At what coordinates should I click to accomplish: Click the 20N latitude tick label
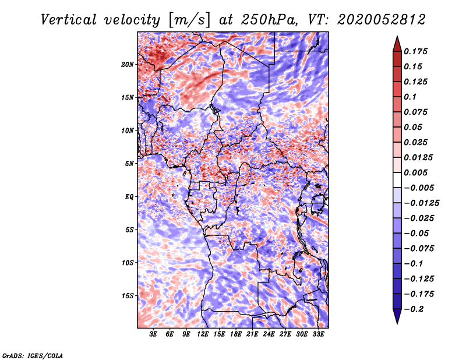pyautogui.click(x=128, y=65)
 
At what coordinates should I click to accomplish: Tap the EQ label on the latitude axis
pyautogui.click(x=129, y=197)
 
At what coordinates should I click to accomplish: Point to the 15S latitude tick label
pyautogui.click(x=128, y=296)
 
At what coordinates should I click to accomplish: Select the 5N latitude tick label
pyautogui.click(x=129, y=164)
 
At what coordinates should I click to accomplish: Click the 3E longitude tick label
pyautogui.click(x=153, y=334)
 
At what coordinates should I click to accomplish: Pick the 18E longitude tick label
pyautogui.click(x=236, y=334)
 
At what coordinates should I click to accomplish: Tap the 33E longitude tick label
pyautogui.click(x=318, y=334)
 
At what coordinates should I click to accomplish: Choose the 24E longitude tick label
pyautogui.click(x=269, y=334)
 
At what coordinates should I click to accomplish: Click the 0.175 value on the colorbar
pyautogui.click(x=415, y=51)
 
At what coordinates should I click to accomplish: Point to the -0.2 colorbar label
pyautogui.click(x=414, y=309)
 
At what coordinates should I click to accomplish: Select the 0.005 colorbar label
pyautogui.click(x=415, y=172)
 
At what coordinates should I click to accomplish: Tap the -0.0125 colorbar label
pyautogui.click(x=421, y=203)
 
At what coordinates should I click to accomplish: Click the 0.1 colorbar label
pyautogui.click(x=410, y=97)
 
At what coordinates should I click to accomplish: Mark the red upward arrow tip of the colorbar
pyautogui.click(x=397, y=36)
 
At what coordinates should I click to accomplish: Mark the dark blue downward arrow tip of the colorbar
pyautogui.click(x=397, y=323)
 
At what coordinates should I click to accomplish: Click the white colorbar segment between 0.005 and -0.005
pyautogui.click(x=397, y=180)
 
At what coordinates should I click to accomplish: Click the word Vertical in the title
pyautogui.click(x=68, y=20)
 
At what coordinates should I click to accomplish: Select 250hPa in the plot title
pyautogui.click(x=269, y=20)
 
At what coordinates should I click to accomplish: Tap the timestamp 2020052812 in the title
pyautogui.click(x=382, y=20)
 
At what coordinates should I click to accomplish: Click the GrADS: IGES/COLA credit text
pyautogui.click(x=33, y=356)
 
